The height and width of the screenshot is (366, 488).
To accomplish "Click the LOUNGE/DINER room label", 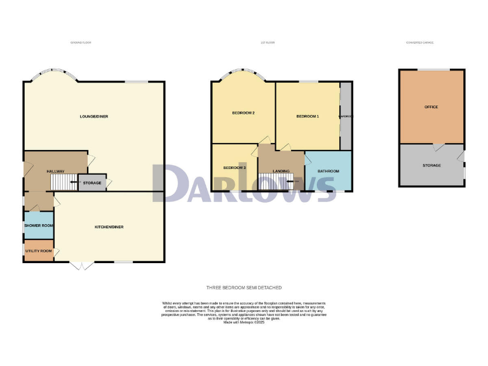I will (x=93, y=116).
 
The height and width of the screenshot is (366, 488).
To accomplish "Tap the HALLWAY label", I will (x=56, y=172).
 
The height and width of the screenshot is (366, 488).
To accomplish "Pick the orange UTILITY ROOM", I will (x=39, y=252).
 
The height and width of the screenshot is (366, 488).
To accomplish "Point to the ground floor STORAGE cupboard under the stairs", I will (x=92, y=183).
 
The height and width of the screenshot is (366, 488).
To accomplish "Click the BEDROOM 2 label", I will (x=243, y=113).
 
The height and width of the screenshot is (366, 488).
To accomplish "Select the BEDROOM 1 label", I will (x=308, y=116).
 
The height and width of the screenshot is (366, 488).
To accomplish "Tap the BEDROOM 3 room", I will (x=234, y=167).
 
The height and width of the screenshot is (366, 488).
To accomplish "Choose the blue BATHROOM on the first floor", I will (x=329, y=171).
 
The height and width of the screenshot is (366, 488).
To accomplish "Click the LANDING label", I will (x=281, y=171).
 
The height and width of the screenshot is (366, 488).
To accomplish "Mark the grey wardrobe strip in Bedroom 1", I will (x=346, y=116).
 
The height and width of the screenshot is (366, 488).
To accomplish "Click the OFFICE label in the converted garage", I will (x=431, y=107).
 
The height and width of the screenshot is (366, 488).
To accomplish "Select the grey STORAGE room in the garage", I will (x=431, y=165).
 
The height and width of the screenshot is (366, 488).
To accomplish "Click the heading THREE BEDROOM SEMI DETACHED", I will (x=244, y=288).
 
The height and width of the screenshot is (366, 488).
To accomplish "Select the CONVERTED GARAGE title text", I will (x=420, y=43).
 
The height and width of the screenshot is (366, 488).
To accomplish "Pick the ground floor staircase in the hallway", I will (x=63, y=183).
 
